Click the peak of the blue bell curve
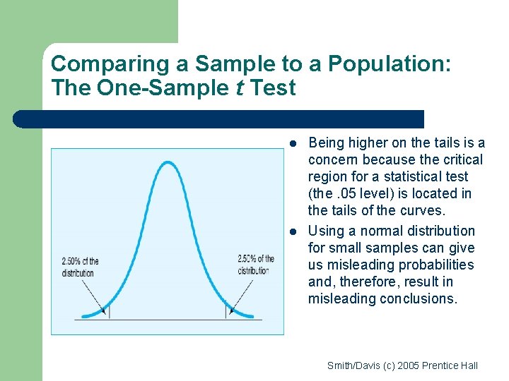click(167, 163)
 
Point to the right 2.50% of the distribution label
click(256, 265)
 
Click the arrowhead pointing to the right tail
click(231, 310)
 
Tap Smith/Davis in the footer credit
click(352, 365)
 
